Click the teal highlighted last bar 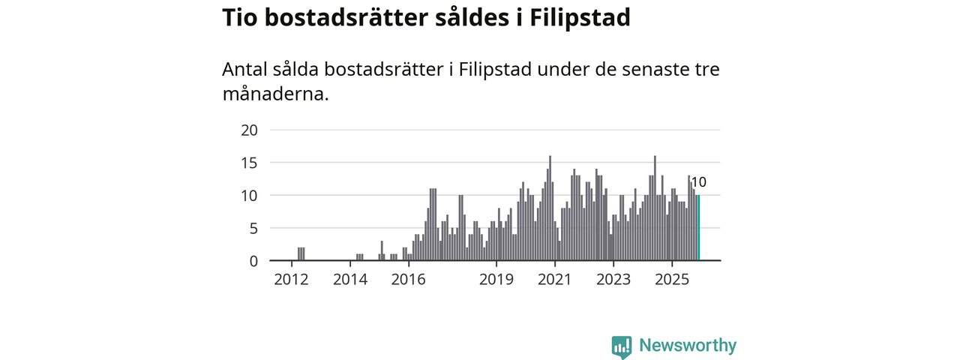(x=698, y=228)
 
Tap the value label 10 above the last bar (x=698, y=182)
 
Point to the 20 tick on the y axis (x=249, y=130)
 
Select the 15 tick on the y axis (x=249, y=163)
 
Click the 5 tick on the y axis (x=253, y=228)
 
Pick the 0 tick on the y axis (x=253, y=261)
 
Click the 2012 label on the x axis (x=291, y=280)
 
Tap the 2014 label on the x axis (x=349, y=280)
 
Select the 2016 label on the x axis (x=408, y=280)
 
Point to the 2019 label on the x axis (x=496, y=280)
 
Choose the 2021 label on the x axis (x=555, y=280)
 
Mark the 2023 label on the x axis (x=613, y=280)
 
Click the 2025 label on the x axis (x=672, y=280)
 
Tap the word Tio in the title (x=239, y=19)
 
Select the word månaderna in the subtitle (x=275, y=95)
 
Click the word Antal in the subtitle (x=245, y=70)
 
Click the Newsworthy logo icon (x=621, y=346)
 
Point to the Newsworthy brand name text (x=688, y=346)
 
